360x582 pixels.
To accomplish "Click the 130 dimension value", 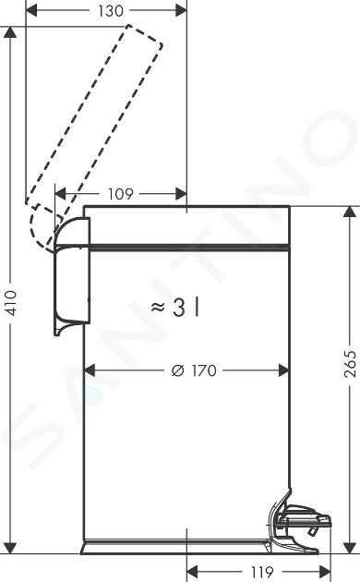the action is (111, 11).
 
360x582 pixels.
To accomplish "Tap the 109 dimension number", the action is (120, 194).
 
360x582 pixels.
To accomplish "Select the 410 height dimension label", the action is (11, 303).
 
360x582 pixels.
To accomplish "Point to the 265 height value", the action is (350, 364).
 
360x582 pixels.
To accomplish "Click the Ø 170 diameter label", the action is (194, 370).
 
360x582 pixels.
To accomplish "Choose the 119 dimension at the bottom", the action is (262, 572).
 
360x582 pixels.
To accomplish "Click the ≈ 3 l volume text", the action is (175, 308).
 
